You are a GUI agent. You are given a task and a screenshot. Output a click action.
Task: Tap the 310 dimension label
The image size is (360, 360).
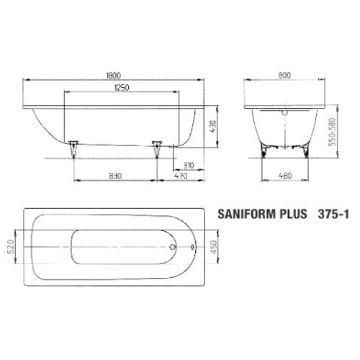(x=188, y=165)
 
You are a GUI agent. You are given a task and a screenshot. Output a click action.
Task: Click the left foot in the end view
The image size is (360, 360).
(x=267, y=147)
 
